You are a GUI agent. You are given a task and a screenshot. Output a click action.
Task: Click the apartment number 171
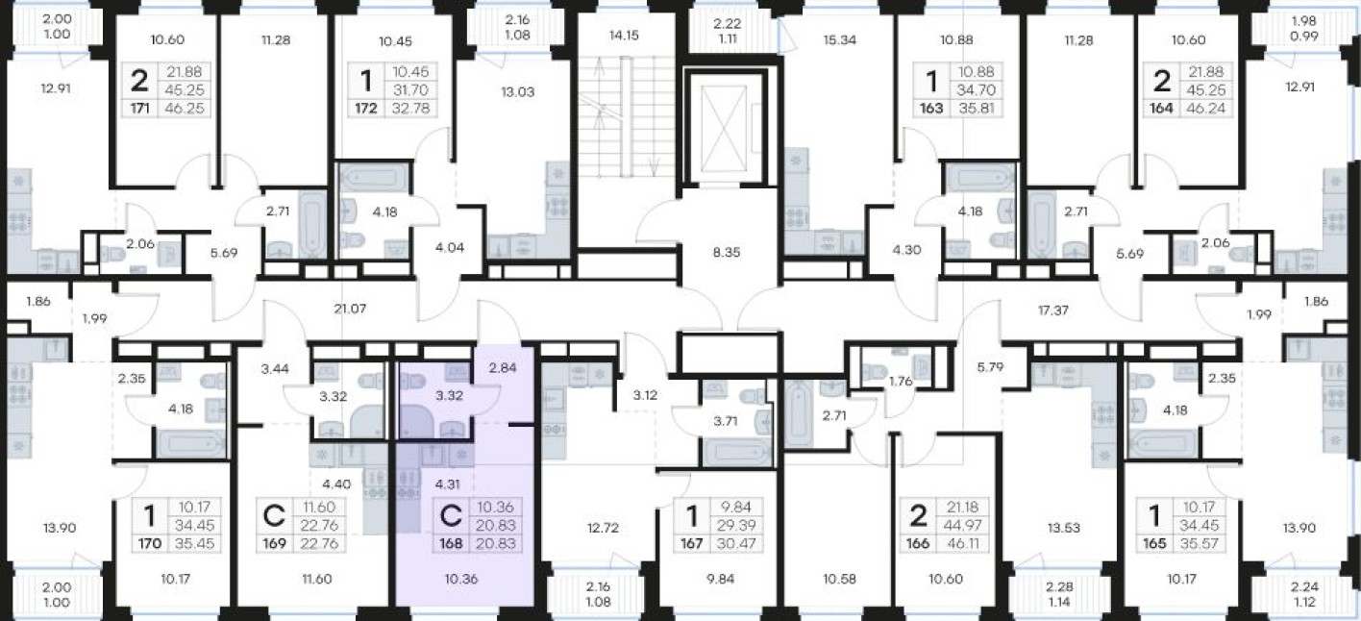click(139, 109)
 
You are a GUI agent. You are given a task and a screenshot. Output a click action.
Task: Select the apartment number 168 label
click(451, 543)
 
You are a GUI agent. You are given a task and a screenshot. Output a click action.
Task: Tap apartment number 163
click(930, 109)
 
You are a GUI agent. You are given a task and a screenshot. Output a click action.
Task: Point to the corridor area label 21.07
click(350, 309)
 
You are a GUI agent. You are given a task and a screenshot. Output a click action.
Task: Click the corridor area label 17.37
click(1053, 310)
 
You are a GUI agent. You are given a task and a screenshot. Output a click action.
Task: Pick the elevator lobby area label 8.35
click(727, 252)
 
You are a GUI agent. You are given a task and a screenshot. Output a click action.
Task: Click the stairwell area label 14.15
click(624, 36)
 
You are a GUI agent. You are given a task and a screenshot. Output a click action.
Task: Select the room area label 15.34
click(840, 40)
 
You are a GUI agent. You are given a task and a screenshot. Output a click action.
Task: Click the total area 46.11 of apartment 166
click(963, 543)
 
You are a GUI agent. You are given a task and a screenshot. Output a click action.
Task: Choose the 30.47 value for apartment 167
click(736, 543)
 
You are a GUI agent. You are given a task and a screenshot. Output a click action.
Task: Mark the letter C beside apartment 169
click(274, 516)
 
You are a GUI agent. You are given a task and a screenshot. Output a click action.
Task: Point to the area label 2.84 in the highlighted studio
click(503, 367)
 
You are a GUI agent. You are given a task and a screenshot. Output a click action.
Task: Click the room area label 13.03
click(518, 92)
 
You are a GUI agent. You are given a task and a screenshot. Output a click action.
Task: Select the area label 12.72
click(603, 528)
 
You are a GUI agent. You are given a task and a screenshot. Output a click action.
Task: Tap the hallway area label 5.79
click(990, 367)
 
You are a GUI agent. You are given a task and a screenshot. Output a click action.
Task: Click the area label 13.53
click(1063, 528)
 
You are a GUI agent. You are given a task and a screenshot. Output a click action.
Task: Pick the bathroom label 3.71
click(726, 421)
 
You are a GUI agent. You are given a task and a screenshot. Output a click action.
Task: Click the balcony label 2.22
click(728, 24)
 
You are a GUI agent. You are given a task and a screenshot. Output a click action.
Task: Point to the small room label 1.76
click(901, 382)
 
